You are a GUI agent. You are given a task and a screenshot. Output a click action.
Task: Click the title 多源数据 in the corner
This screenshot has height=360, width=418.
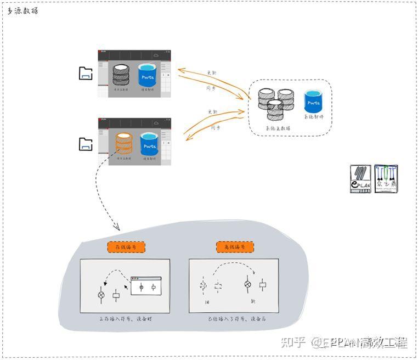click(22, 11)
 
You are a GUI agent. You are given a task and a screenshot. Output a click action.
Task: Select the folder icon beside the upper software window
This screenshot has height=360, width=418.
click(86, 74)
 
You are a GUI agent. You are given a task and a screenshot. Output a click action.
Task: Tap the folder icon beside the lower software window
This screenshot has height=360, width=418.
click(86, 144)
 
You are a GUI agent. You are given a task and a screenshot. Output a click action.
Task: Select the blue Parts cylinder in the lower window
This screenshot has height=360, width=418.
click(149, 144)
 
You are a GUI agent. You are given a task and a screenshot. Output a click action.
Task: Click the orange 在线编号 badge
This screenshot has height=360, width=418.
click(125, 248)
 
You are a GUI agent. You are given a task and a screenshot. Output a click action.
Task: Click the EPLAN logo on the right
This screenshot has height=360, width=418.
click(361, 178)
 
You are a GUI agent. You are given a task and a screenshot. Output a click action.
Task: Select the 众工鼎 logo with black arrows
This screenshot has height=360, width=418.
click(386, 178)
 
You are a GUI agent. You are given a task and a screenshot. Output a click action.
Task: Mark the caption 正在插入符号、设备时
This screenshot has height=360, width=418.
click(125, 318)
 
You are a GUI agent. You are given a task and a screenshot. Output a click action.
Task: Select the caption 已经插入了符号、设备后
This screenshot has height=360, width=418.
click(234, 318)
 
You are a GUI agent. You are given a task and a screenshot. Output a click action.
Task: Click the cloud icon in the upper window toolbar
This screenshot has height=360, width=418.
click(156, 55)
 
